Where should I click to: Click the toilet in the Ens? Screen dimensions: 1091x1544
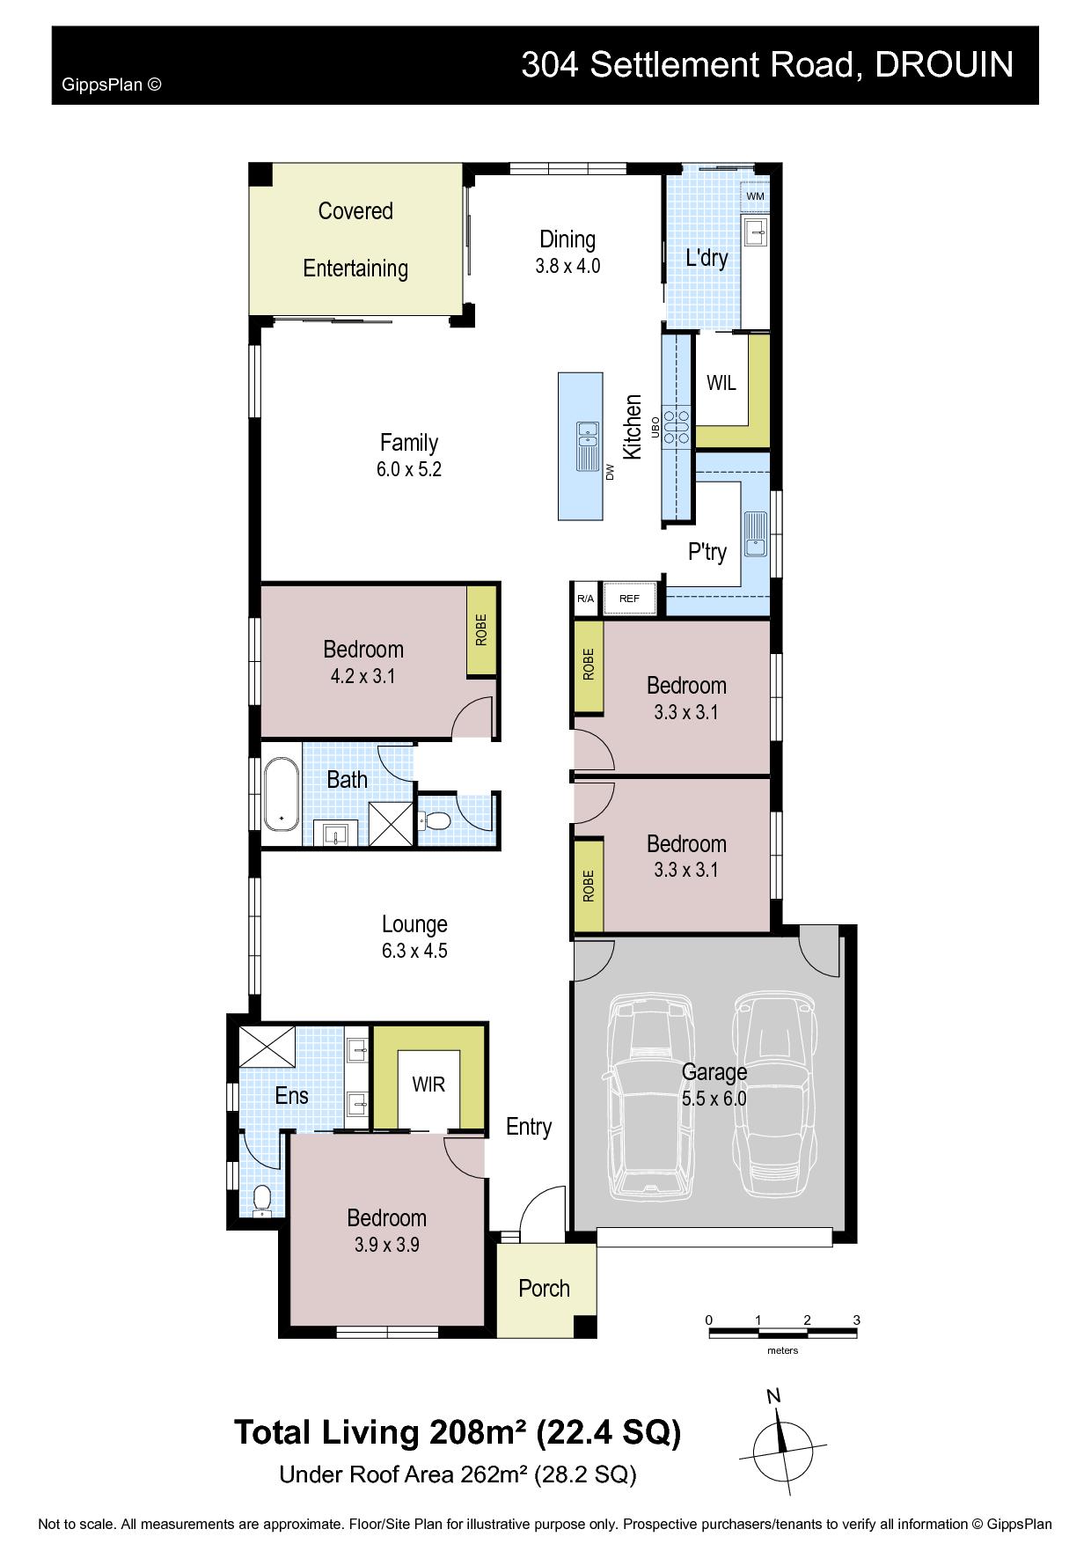point(262,1201)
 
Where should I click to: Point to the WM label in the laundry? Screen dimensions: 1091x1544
point(755,196)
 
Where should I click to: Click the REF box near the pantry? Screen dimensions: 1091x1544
point(629,599)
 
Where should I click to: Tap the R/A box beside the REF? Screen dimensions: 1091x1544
point(585,599)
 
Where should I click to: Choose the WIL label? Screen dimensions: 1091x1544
point(721,383)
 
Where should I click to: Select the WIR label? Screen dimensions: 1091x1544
point(428,1084)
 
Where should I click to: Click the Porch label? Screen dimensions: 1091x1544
point(544,1289)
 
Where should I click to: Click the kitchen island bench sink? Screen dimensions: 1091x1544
point(587,446)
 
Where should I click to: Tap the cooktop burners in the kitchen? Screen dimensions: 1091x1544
point(677,425)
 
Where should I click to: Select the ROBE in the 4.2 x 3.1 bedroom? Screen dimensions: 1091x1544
point(480,630)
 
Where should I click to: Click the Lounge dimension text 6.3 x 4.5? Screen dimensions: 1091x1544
point(414,951)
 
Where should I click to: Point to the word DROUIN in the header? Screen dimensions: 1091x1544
point(944,64)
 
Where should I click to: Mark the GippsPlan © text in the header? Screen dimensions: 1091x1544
point(112,85)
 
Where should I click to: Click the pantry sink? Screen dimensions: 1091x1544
point(755,534)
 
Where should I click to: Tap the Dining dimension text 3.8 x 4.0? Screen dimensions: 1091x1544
point(567,266)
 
